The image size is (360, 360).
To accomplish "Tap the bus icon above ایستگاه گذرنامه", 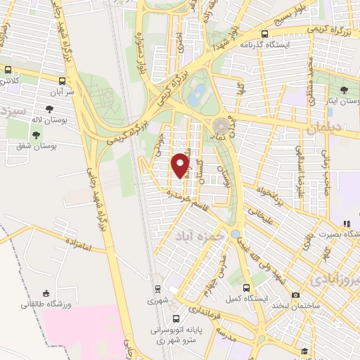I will pyautogui.click(x=264, y=33).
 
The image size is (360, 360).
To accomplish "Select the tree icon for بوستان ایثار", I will pyautogui.click(x=343, y=90).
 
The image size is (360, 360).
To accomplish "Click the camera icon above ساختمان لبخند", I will pyautogui.click(x=295, y=295).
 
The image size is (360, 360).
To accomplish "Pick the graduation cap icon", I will pyautogui.click(x=304, y=351).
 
